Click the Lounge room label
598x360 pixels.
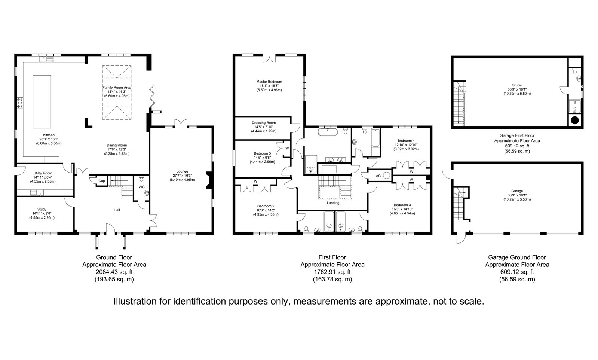coord(183,171)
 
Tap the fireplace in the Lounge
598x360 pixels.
coord(209,181)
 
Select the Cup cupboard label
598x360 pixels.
coord(102,181)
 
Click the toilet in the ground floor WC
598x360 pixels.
coord(142,178)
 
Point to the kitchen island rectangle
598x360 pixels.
coord(42,101)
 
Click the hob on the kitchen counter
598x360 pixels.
coord(20,103)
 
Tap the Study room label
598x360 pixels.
coord(42,210)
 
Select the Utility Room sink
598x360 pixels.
coord(37,192)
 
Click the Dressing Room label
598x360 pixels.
coord(264,123)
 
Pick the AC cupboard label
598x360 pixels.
coord(378,176)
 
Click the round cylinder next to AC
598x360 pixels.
coord(387,176)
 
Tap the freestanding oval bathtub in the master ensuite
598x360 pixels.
coord(328,132)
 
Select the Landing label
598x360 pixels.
coord(333,203)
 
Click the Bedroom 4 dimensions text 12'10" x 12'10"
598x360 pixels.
coord(406,145)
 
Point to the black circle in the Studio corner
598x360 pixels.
coord(575,120)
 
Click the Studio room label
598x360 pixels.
coord(517,85)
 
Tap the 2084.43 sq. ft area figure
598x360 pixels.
coord(114,272)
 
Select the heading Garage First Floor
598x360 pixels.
coord(517,136)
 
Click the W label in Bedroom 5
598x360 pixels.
coord(287,148)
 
